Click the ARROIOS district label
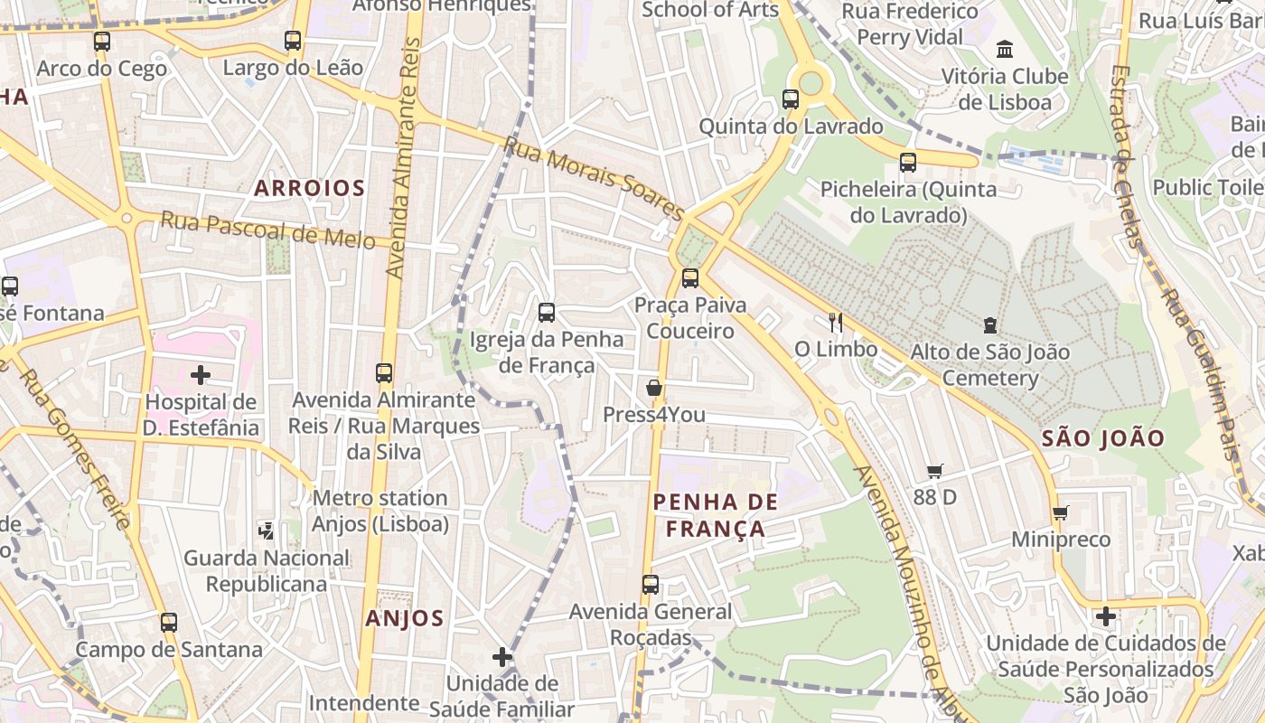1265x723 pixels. pyautogui.click(x=309, y=188)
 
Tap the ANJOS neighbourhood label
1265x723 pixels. pyautogui.click(x=405, y=618)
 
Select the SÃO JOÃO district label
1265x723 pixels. pyautogui.click(x=1103, y=438)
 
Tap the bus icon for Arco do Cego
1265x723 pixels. pyautogui.click(x=102, y=42)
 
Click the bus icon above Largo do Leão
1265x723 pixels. pyautogui.click(x=292, y=41)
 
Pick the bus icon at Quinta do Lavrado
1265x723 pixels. pyautogui.click(x=791, y=99)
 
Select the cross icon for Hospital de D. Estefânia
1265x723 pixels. pyautogui.click(x=201, y=374)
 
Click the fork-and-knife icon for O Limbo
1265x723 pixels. pyautogui.click(x=836, y=322)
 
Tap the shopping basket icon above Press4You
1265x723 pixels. pyautogui.click(x=654, y=388)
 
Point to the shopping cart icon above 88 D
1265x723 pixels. pyautogui.click(x=934, y=471)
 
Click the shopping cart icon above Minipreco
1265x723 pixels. pyautogui.click(x=1060, y=513)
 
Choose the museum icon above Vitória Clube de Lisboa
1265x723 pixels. pyautogui.click(x=1004, y=49)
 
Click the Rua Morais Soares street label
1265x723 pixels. pyautogui.click(x=594, y=178)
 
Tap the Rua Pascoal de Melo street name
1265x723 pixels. pyautogui.click(x=267, y=230)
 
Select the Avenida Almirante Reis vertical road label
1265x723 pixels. pyautogui.click(x=404, y=158)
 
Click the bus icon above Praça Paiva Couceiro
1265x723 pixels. pyautogui.click(x=690, y=277)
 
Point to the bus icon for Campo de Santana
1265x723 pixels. pyautogui.click(x=169, y=622)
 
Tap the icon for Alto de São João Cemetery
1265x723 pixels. pyautogui.click(x=989, y=324)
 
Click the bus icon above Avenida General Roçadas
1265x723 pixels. pyautogui.click(x=651, y=585)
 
